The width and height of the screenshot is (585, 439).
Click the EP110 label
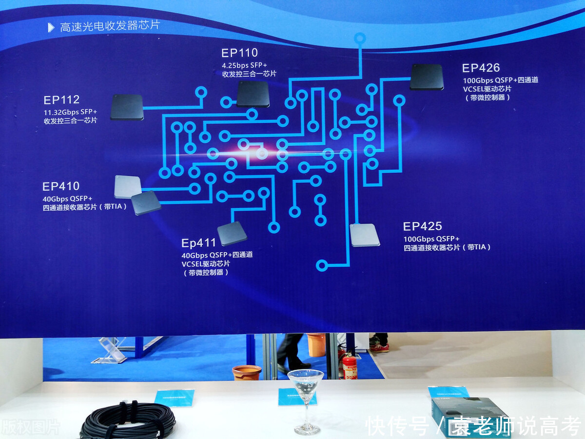tap(239, 53)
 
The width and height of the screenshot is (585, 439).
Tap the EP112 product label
tap(61, 100)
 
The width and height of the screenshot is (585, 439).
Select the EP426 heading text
tap(481, 68)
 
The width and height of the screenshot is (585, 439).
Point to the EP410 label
tap(61, 186)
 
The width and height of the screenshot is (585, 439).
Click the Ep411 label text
tap(198, 243)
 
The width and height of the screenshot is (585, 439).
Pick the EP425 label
tap(422, 226)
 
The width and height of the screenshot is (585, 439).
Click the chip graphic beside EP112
tap(127, 107)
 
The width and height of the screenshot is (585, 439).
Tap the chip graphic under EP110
tap(253, 94)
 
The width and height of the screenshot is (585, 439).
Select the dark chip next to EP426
tap(427, 77)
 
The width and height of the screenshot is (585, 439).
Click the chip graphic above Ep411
tap(232, 233)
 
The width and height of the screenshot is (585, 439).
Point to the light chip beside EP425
tap(365, 235)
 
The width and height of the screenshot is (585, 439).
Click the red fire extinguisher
tap(349, 365)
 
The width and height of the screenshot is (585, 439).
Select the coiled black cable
tap(128, 420)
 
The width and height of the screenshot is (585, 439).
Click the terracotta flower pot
tap(247, 373)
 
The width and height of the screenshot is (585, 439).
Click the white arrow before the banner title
tap(51, 28)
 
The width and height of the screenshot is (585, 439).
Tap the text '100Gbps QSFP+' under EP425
tap(431, 239)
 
